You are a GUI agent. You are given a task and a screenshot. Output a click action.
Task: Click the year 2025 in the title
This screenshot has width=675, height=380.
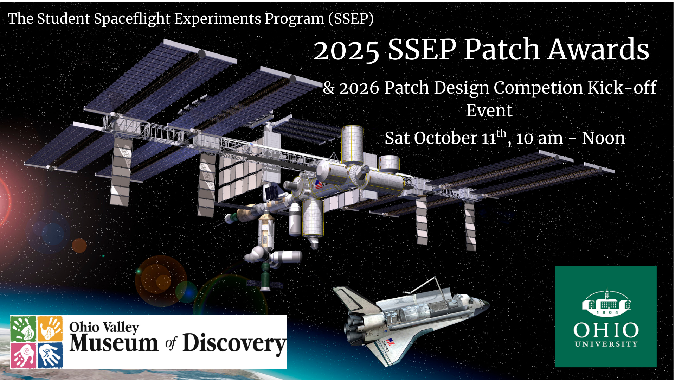[x=346, y=50]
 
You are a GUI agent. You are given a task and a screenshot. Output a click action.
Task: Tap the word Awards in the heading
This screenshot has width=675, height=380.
[x=599, y=49]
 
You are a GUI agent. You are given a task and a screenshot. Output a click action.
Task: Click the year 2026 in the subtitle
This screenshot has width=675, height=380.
[x=359, y=88]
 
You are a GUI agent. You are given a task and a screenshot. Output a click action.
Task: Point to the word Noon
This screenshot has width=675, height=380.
[x=603, y=138]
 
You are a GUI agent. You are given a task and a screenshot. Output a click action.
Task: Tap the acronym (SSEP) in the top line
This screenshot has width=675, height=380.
[x=351, y=19]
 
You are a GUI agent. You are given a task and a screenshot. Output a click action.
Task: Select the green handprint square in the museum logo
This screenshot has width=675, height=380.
[x=23, y=329]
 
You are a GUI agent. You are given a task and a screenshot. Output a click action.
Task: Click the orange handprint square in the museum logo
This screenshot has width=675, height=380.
[x=50, y=329]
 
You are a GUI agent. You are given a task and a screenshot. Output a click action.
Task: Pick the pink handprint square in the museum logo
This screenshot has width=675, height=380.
[x=23, y=356]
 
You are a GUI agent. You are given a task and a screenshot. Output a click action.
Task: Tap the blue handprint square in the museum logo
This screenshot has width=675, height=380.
[x=50, y=356]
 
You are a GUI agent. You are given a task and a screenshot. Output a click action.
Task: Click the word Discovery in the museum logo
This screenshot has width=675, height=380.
[x=234, y=343]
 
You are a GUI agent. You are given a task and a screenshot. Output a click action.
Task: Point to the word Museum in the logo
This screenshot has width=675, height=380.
[x=114, y=343]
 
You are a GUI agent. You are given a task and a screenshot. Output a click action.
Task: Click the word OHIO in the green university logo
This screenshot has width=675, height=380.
[x=606, y=330]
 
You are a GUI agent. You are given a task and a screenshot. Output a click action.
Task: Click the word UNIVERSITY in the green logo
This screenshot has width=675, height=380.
[x=606, y=344]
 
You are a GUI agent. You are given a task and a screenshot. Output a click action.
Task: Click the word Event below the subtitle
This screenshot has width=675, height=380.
[x=489, y=110]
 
